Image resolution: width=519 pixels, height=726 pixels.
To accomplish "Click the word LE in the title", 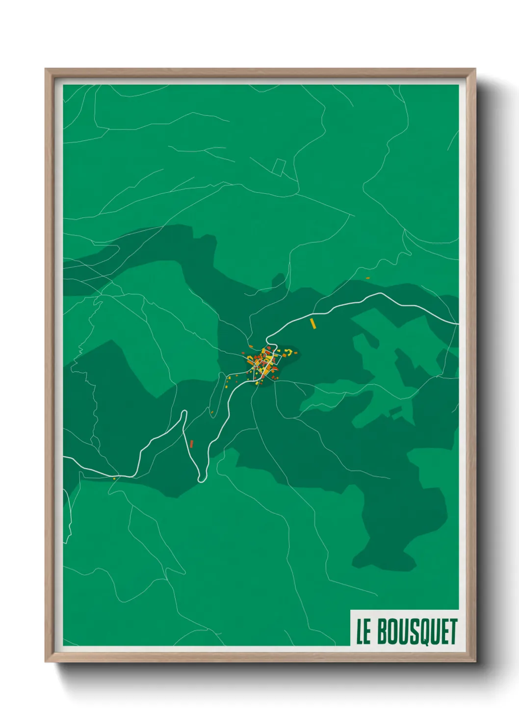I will point(363,631).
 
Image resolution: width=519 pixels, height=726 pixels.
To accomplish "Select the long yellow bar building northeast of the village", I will point(312,323).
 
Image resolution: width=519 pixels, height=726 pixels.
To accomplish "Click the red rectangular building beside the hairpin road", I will point(191,444).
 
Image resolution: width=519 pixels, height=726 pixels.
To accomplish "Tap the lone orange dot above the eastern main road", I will point(367,278).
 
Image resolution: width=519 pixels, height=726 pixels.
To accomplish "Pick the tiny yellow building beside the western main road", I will point(114,478).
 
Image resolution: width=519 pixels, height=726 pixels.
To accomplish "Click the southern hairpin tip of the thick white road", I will point(201,480).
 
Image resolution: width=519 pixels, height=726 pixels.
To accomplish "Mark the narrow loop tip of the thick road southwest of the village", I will point(184,413).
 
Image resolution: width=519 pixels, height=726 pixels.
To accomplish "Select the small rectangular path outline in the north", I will point(279,167).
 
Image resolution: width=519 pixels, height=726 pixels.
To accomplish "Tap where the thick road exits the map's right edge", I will point(458,324).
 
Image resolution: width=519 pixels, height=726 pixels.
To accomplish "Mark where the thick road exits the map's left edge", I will point(64,458).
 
